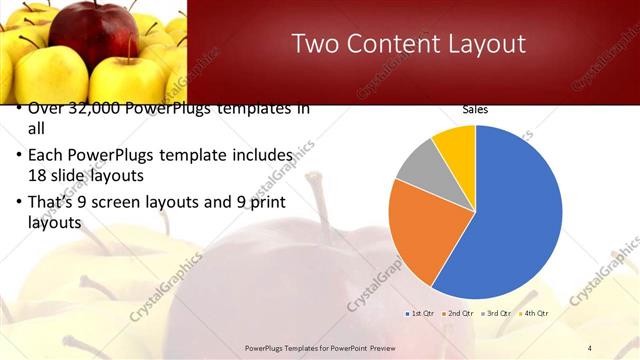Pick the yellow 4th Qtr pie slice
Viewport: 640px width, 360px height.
click(456, 140)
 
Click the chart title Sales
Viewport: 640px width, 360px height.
click(475, 110)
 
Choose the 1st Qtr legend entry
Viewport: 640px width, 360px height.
click(420, 314)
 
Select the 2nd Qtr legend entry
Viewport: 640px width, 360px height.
click(459, 314)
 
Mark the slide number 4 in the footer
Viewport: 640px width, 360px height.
click(590, 347)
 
